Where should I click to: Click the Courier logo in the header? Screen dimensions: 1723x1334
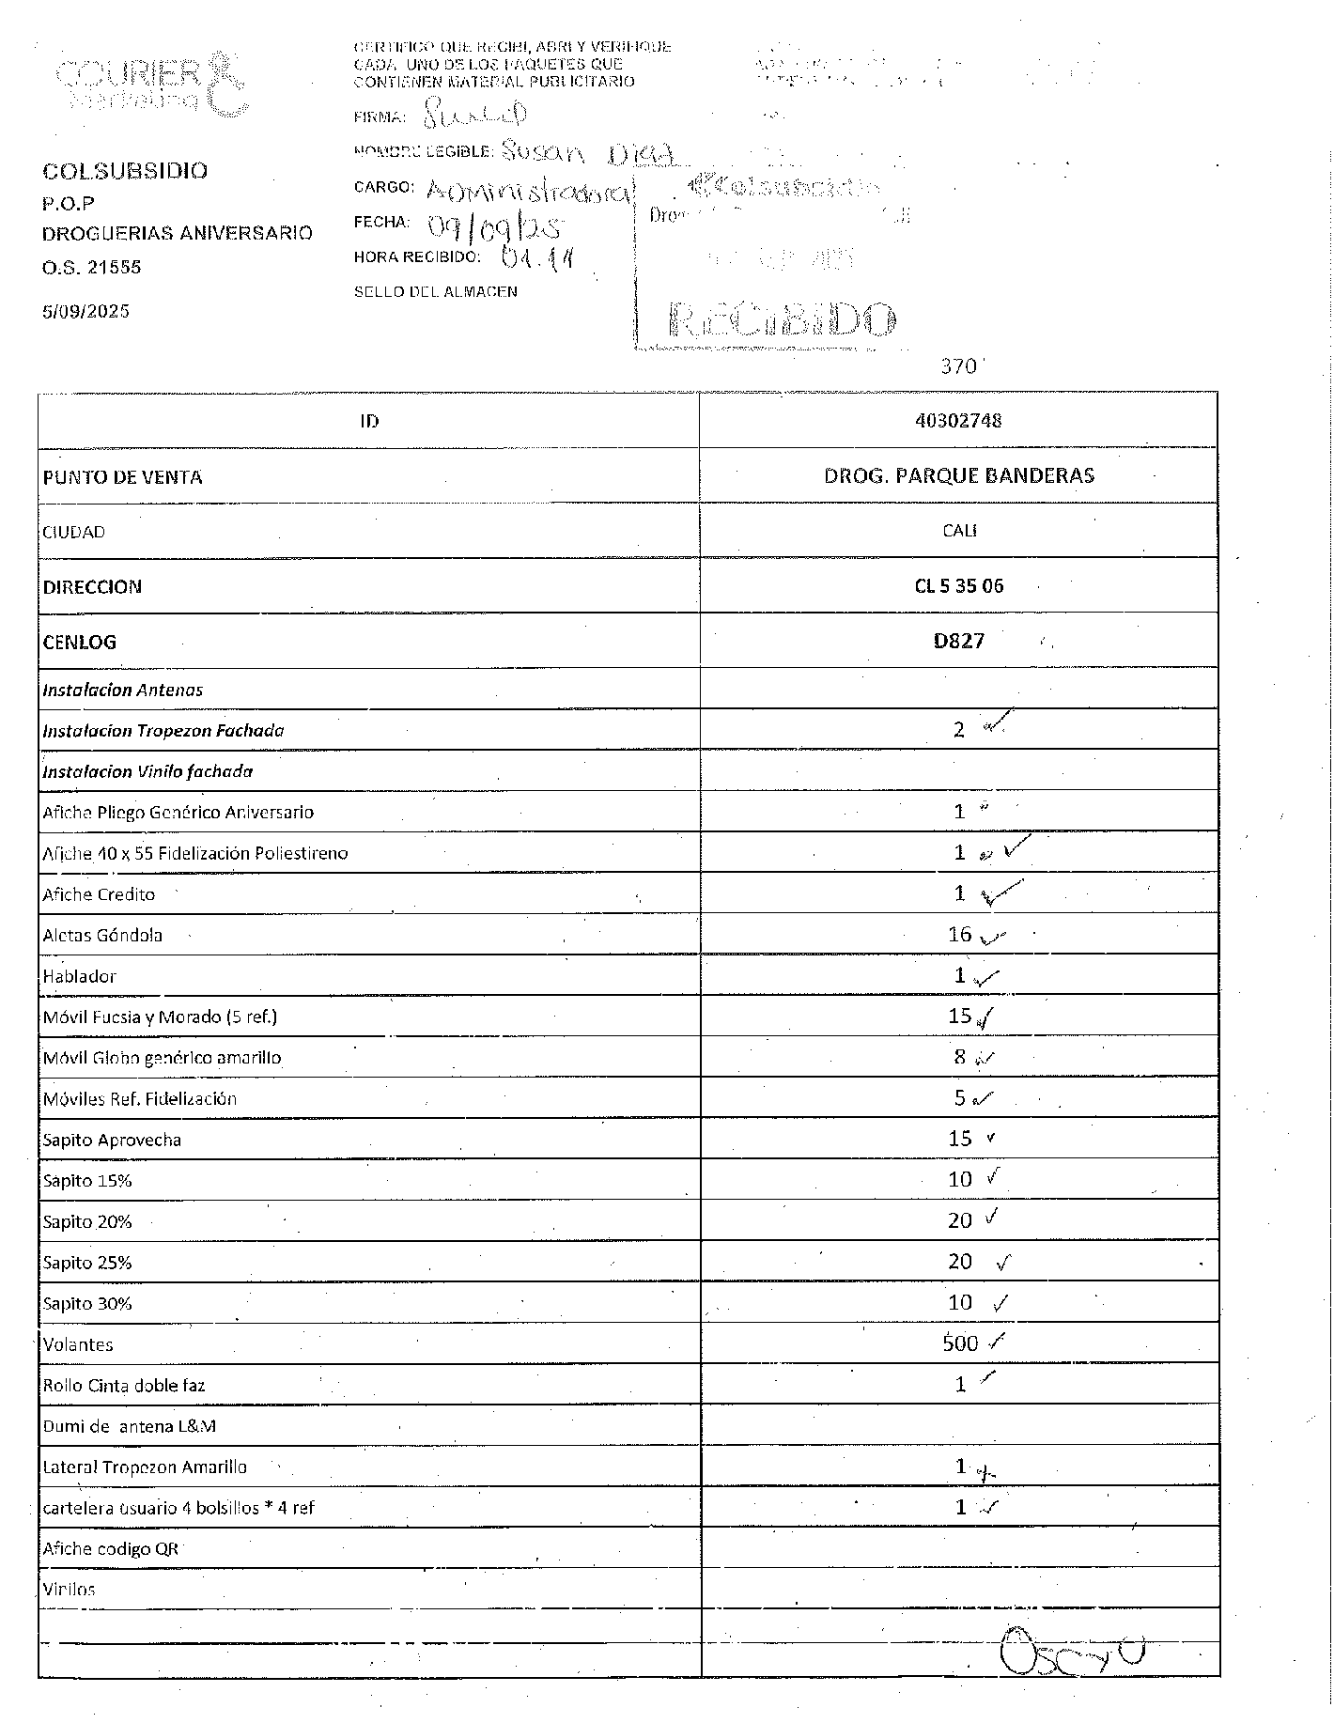click(x=150, y=83)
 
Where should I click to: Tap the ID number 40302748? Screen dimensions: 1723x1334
click(x=958, y=420)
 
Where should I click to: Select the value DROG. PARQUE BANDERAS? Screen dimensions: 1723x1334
click(x=958, y=475)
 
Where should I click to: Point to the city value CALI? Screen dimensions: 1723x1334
click(x=959, y=531)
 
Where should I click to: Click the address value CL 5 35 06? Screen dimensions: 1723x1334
click(x=958, y=586)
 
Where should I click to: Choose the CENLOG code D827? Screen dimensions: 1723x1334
click(x=958, y=642)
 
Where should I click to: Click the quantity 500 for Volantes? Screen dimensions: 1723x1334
click(x=960, y=1343)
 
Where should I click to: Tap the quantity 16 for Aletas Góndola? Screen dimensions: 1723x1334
click(x=959, y=934)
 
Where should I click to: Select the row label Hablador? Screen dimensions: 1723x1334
click(x=79, y=976)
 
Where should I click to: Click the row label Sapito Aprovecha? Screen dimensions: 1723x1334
click(x=112, y=1140)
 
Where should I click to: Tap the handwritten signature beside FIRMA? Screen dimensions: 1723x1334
click(x=474, y=116)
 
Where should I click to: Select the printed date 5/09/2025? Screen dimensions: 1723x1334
click(x=85, y=311)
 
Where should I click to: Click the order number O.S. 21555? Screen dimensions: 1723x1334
click(x=91, y=267)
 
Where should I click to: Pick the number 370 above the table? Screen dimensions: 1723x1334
click(x=959, y=366)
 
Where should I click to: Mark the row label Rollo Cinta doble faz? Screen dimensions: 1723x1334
click(x=124, y=1385)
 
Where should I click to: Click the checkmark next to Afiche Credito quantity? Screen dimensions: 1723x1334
click(x=1001, y=893)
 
